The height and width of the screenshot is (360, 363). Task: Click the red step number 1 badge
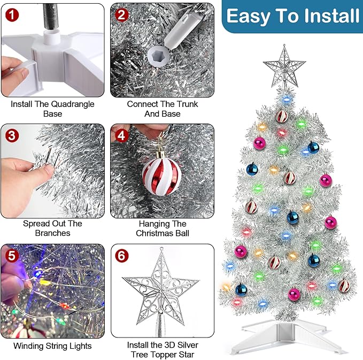[x=11, y=13]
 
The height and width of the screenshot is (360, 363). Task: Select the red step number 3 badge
[x=11, y=134]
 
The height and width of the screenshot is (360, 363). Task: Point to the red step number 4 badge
[x=122, y=135]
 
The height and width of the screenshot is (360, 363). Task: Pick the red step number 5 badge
[x=11, y=256]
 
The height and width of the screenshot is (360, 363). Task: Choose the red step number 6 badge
[x=122, y=256]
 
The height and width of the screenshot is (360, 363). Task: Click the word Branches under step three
[x=53, y=233]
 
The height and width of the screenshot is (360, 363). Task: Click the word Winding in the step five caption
[x=29, y=346]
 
